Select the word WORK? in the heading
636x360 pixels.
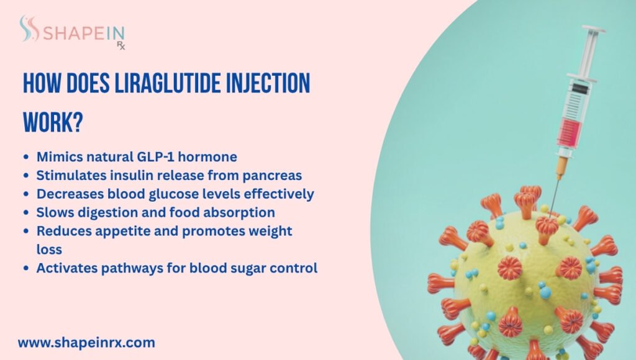tap(53, 122)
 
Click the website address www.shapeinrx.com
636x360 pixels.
tap(86, 342)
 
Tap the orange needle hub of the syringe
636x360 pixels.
tap(561, 166)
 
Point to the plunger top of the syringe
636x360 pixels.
tap(594, 29)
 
